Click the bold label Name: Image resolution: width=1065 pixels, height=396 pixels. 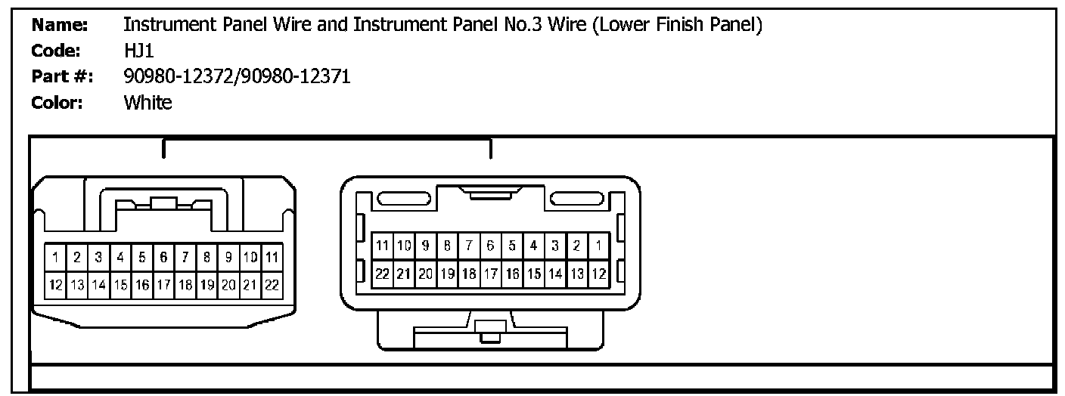tap(61, 26)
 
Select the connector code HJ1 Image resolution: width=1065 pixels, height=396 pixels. tap(138, 51)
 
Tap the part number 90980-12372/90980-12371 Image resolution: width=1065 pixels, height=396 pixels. tap(237, 76)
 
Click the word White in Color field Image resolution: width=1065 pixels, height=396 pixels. tap(147, 103)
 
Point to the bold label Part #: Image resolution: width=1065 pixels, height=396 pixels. tap(62, 76)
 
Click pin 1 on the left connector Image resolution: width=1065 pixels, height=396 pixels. tap(54, 257)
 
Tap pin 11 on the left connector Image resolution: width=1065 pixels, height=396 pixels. tap(273, 257)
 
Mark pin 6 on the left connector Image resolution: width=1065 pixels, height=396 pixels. tap(163, 257)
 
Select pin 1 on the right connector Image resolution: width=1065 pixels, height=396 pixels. tap(598, 245)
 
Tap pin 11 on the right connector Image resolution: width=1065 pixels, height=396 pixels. tap(383, 245)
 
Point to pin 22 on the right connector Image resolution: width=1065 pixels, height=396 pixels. tap(383, 272)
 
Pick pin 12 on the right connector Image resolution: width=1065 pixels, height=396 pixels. tap(598, 272)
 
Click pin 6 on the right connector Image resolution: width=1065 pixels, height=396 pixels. tap(491, 245)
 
